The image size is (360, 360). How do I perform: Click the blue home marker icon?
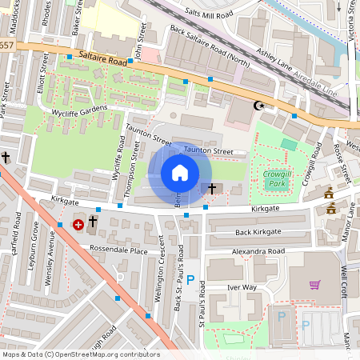pyautogui.click(x=180, y=173)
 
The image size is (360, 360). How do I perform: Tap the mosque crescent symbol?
pyautogui.click(x=258, y=106)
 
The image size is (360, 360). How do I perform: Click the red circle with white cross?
pyautogui.click(x=78, y=226)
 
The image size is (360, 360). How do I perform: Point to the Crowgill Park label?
pyautogui.click(x=277, y=177)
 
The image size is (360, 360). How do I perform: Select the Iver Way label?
pyautogui.click(x=242, y=286)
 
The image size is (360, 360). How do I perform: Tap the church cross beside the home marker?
pyautogui.click(x=212, y=189)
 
